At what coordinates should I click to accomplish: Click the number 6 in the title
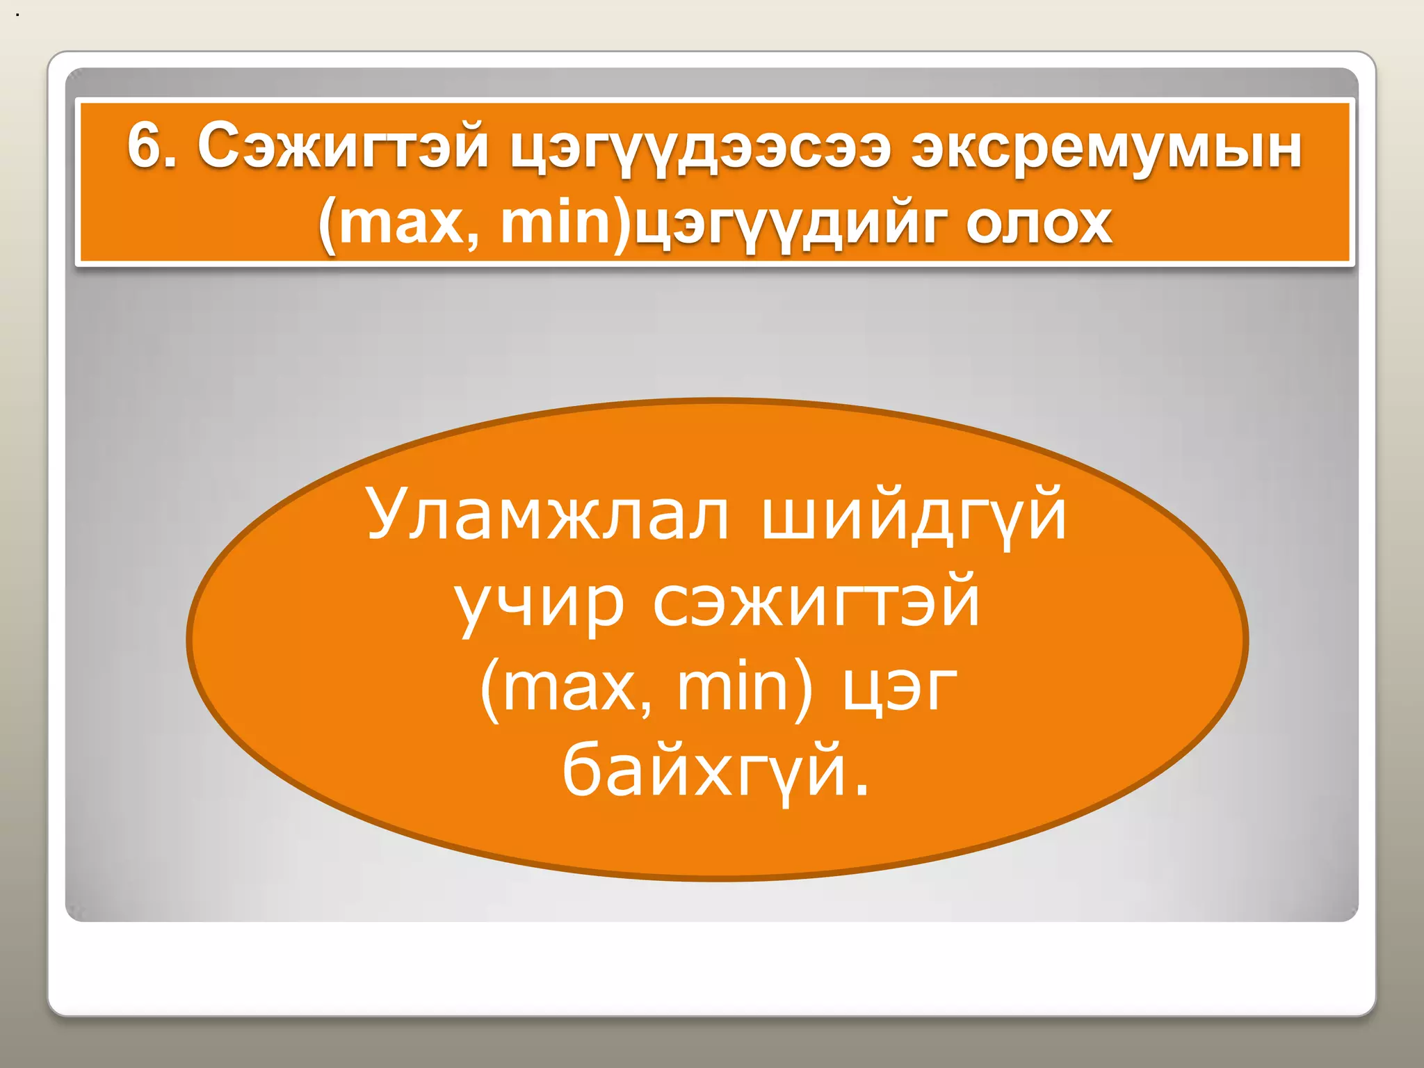(x=143, y=146)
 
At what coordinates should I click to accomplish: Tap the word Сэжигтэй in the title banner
(x=343, y=147)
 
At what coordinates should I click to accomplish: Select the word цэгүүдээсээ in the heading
(x=700, y=150)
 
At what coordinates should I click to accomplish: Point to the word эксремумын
(x=1106, y=147)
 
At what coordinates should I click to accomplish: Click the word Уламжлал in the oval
(x=548, y=515)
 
